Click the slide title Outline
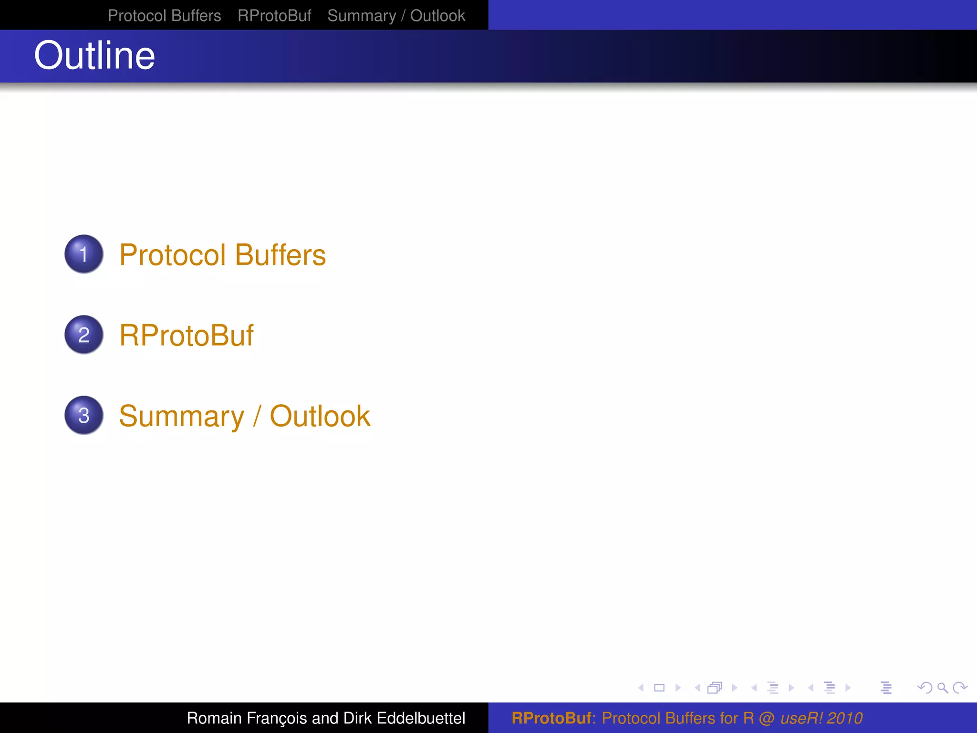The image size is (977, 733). [94, 55]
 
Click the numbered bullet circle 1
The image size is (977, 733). [84, 254]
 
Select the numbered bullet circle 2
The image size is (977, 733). [84, 335]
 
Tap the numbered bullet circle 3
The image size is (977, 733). [84, 415]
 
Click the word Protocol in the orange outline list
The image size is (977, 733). [172, 255]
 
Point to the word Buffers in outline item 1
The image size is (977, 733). [281, 255]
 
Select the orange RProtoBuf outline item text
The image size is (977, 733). [186, 335]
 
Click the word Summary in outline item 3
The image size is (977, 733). [182, 416]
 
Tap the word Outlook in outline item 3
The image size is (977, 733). [320, 416]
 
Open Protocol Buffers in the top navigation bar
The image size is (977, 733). [164, 16]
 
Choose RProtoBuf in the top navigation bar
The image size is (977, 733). [274, 16]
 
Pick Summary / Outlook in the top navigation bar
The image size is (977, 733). [396, 16]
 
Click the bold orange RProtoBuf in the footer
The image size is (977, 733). [551, 718]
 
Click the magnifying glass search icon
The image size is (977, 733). [942, 688]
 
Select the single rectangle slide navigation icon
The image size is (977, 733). [659, 688]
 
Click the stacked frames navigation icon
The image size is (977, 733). [715, 688]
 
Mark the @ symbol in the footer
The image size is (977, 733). [767, 718]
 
